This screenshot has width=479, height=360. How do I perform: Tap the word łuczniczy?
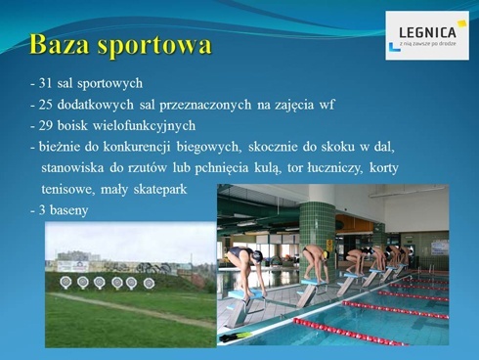tap(329, 168)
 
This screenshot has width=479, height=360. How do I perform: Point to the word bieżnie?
tap(60, 147)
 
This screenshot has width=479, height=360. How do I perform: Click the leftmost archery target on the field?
tap(66, 282)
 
